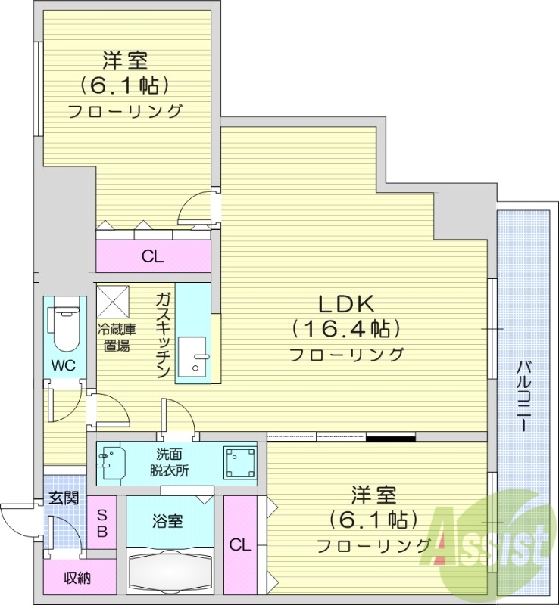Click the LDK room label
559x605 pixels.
click(345, 304)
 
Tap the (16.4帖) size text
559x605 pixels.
click(345, 329)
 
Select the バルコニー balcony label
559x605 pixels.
click(523, 396)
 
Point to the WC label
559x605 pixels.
click(63, 365)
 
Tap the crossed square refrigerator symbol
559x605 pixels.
click(114, 301)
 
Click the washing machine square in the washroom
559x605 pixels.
click(240, 461)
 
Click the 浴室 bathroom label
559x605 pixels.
click(167, 520)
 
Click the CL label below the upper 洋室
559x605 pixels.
click(152, 257)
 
